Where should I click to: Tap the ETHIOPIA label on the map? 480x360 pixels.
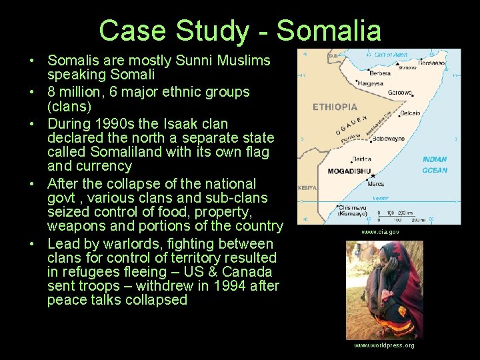click(335, 107)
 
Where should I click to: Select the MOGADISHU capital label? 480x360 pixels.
click(349, 171)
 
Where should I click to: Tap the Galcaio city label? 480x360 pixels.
click(409, 113)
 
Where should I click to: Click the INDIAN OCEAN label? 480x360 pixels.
click(435, 165)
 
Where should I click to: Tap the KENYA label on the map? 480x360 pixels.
click(307, 187)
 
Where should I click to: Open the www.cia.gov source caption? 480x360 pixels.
click(380, 232)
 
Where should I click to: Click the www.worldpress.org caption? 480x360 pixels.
click(384, 345)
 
